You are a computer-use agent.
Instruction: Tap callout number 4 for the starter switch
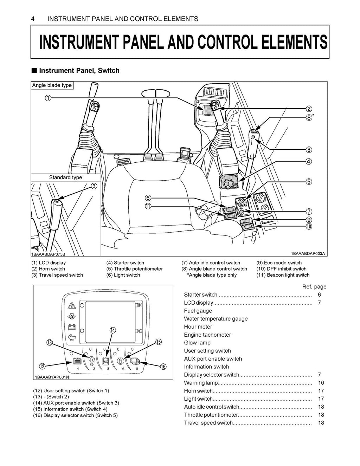point(309,162)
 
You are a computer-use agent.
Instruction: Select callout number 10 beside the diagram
point(309,227)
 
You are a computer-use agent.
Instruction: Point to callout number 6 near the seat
point(148,198)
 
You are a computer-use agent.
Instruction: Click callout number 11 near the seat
point(148,206)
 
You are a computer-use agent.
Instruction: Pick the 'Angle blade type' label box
point(52,85)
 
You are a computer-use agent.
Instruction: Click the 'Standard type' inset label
point(65,177)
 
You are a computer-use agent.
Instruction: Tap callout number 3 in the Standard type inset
point(94,186)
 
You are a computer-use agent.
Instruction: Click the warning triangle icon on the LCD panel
point(72,305)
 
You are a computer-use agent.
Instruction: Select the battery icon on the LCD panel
point(72,327)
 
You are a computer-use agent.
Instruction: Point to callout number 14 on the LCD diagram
point(112,330)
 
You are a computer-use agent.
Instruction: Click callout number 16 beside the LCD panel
point(163,367)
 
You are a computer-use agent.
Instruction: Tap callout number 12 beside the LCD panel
point(42,367)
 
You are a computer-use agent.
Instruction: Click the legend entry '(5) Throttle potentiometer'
point(135,269)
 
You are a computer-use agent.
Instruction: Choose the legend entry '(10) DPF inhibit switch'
point(281,269)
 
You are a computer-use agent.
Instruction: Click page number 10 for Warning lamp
point(321,383)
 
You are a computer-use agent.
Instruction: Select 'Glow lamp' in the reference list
point(197,343)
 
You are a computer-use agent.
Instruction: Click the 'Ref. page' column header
point(314,287)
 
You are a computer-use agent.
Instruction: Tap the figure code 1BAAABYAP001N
point(52,377)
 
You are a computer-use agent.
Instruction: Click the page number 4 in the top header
point(33,19)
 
